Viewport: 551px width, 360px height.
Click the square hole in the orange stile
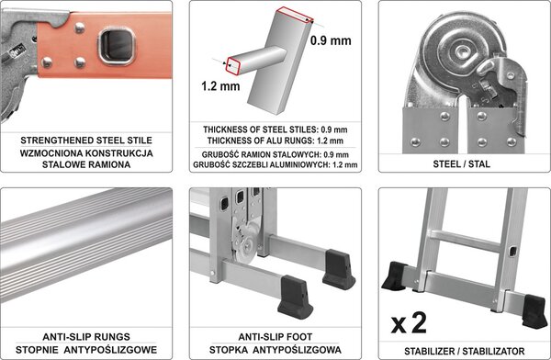pos(117,47)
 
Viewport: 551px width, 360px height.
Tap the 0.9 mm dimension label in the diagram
pos(331,40)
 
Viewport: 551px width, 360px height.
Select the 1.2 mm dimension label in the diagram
pos(220,86)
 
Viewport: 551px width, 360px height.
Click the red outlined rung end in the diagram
pos(233,66)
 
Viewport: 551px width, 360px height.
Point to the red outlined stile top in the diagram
pos(294,15)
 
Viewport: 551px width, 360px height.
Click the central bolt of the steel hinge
pos(461,51)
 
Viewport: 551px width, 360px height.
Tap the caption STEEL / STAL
pos(461,164)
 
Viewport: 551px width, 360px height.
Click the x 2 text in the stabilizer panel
pos(409,323)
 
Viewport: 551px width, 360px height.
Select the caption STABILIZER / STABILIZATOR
pos(464,351)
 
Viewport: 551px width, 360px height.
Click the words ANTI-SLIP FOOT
pos(275,337)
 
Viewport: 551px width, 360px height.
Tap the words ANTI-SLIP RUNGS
pos(86,337)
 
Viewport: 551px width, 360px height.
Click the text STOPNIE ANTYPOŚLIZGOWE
pos(86,350)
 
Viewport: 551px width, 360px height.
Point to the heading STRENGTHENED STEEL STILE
pos(86,141)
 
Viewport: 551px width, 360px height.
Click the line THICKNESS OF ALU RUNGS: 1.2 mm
pos(275,141)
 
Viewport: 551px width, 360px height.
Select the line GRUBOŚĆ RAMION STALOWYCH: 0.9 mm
pos(275,154)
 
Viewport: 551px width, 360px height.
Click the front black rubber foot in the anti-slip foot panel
pos(295,297)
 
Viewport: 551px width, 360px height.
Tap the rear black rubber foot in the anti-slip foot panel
pos(339,269)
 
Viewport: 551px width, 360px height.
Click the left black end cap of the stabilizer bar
pos(394,276)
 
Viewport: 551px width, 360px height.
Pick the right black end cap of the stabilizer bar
pos(534,311)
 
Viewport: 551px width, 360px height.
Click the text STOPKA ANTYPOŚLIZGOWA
pos(275,350)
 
